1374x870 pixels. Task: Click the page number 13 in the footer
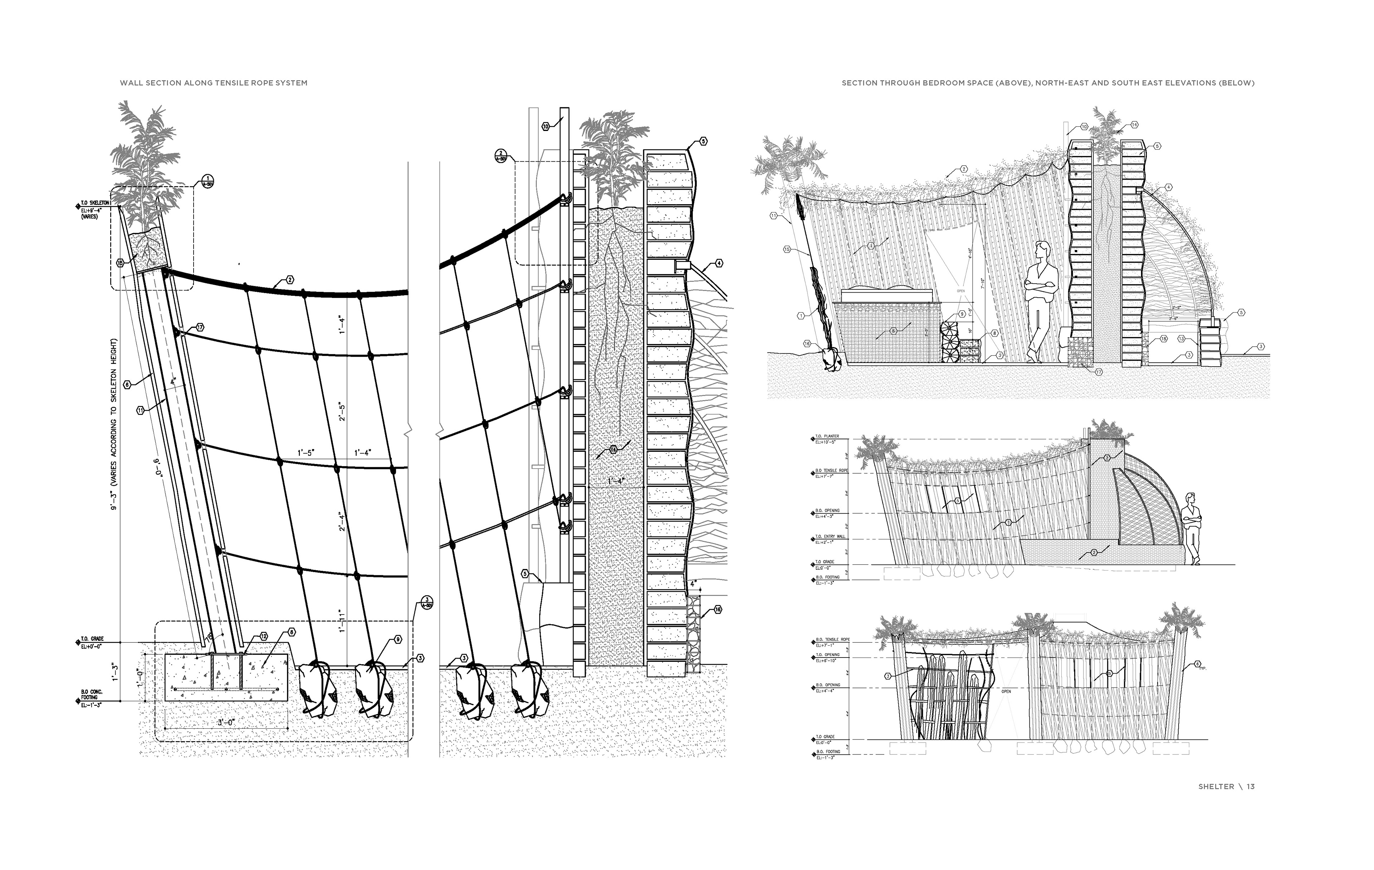click(1250, 787)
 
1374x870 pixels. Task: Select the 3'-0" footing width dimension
click(226, 722)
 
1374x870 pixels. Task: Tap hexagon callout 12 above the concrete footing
click(263, 636)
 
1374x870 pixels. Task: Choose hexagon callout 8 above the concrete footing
click(292, 632)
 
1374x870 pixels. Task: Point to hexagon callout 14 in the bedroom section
click(1134, 125)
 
